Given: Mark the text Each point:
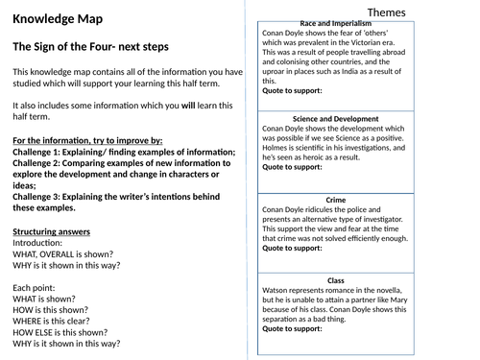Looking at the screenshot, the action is [35, 288].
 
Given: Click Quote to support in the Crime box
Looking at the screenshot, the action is [292, 249].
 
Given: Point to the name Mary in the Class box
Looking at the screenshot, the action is [412, 297].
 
